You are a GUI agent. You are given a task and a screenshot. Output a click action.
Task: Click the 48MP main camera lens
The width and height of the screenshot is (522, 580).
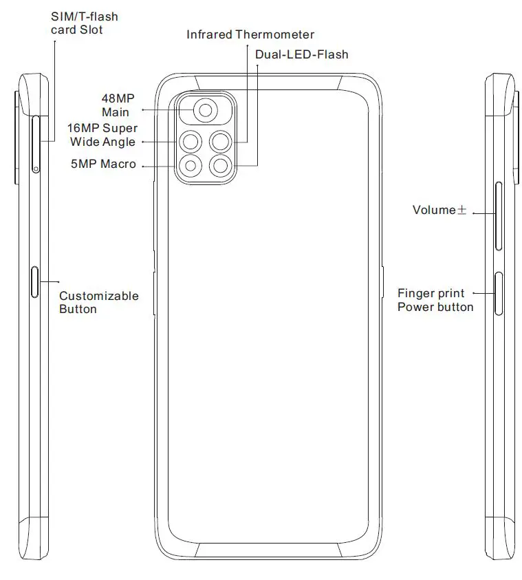[205, 109]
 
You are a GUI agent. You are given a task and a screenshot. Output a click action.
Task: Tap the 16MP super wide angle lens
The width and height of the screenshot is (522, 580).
[191, 142]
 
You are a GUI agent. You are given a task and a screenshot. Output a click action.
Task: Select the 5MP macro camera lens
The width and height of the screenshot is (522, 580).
[191, 165]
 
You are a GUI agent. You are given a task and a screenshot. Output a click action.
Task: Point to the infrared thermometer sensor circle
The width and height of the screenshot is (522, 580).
[221, 142]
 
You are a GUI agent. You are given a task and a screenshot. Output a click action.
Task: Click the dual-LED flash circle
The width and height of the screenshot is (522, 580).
[221, 165]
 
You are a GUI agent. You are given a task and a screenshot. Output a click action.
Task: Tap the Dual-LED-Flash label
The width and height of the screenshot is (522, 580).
[301, 54]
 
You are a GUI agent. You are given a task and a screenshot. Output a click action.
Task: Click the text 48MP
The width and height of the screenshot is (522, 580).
[118, 98]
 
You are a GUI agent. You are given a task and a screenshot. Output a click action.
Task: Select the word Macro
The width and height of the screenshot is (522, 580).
[118, 164]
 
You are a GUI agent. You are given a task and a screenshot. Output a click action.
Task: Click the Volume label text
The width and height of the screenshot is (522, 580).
[434, 210]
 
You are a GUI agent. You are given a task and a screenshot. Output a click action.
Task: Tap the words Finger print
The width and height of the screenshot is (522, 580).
[431, 293]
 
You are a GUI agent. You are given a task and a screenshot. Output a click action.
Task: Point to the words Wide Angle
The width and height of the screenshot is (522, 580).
[102, 142]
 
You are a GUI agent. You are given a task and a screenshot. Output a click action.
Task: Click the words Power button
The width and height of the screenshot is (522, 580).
[435, 307]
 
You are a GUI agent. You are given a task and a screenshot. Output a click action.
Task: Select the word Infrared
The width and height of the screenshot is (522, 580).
[209, 34]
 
